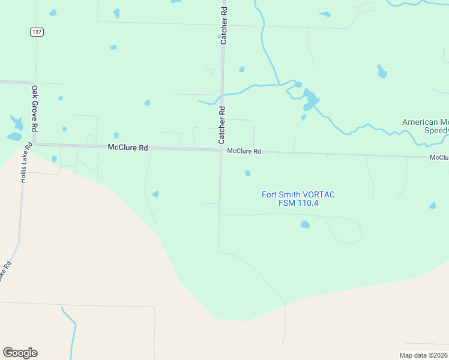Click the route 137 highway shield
[37, 32]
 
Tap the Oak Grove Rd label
[35, 109]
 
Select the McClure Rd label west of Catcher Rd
[128, 147]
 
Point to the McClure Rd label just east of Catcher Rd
[244, 152]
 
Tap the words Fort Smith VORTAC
[298, 194]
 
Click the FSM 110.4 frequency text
[298, 203]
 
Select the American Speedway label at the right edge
[425, 126]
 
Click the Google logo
[20, 353]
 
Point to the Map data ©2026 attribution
[423, 355]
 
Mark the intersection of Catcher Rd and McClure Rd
[221, 150]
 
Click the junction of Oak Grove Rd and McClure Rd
[35, 144]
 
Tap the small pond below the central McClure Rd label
[247, 173]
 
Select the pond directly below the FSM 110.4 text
[305, 224]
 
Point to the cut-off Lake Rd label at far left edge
[4, 271]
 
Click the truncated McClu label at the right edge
[439, 157]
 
